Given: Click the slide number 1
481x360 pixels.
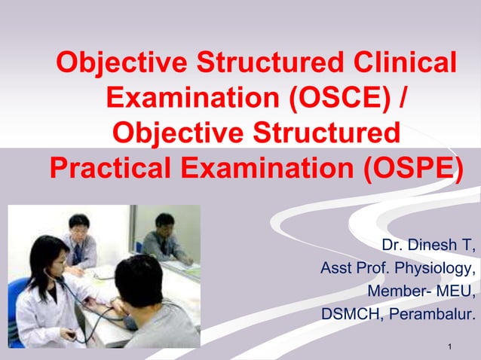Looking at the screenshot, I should click(449, 346).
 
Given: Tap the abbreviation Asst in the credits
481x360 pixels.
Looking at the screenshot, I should click(335, 268).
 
